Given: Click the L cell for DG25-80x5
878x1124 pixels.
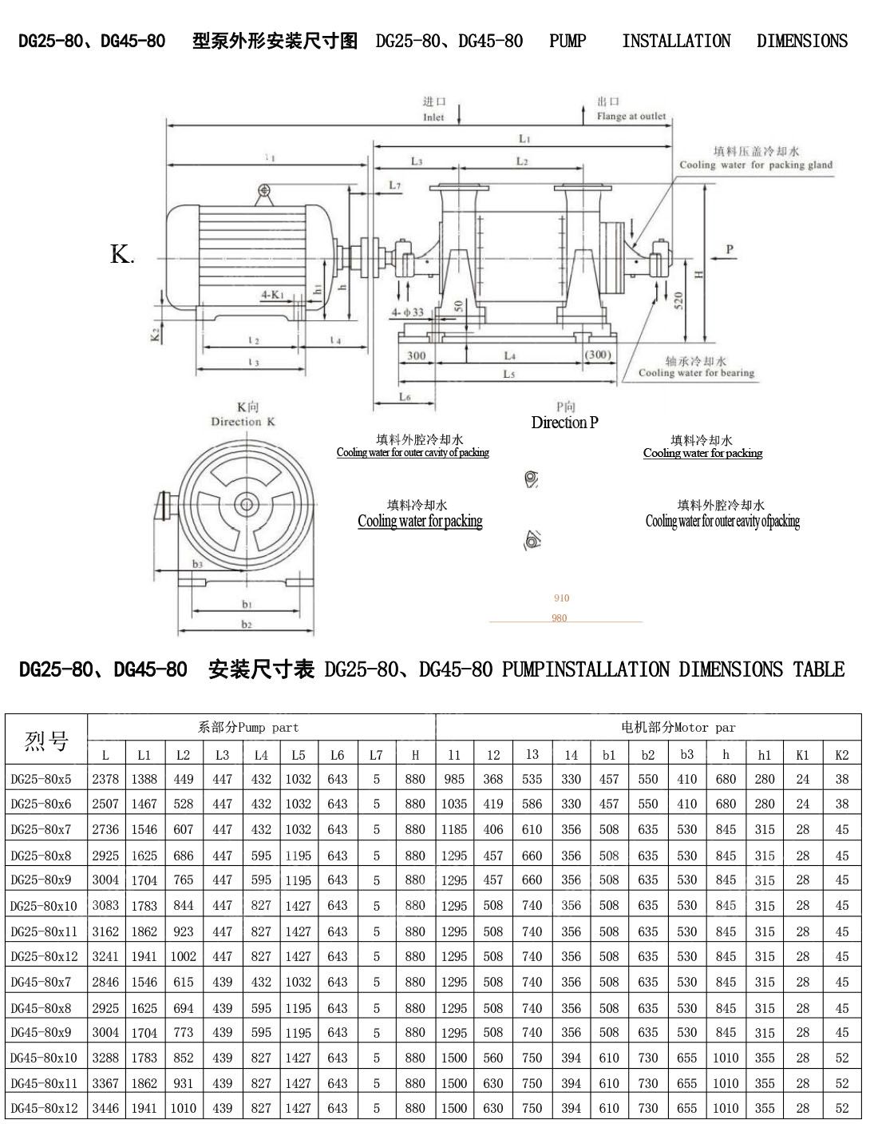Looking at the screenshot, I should pos(105,779).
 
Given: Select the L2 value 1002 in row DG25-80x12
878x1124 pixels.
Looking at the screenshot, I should pos(183,956).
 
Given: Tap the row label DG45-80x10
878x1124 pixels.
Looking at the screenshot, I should pos(44,1058).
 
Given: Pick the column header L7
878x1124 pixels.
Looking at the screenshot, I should pos(376,755).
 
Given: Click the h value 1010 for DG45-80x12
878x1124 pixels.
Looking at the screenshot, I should pos(726,1108).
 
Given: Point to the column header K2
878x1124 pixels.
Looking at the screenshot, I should pos(841,755).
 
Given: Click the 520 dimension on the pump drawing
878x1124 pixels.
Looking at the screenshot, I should pos(678,300).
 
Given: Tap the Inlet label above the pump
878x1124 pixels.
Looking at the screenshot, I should pos(433,117).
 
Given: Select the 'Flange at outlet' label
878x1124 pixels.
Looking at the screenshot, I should pos(631,117).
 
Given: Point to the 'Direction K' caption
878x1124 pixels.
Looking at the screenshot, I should pos(243,422).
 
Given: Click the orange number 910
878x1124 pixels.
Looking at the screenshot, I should pos(561,598).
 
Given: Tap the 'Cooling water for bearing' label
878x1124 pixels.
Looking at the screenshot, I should pos(696,373).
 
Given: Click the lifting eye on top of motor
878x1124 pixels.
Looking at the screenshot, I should pos(264,190).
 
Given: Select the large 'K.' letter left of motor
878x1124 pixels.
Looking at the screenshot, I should pos(121,255).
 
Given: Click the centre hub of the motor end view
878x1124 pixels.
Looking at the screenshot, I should pos(246,504).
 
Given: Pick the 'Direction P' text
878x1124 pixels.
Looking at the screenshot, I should pos(564,423).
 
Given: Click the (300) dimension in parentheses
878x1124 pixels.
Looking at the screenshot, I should pos(597,355).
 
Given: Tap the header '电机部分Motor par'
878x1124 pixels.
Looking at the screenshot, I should pos(678,728).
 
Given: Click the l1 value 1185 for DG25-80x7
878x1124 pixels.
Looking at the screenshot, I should pos(453,829).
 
